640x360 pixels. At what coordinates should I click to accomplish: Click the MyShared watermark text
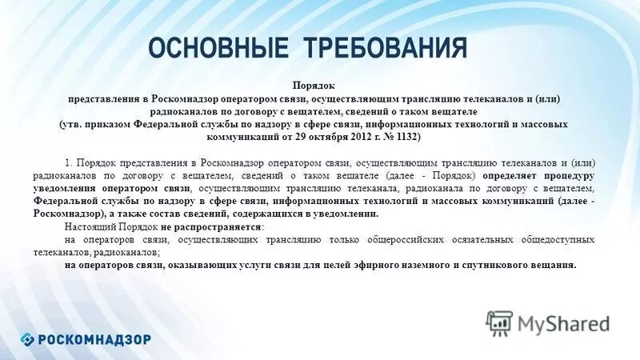pyautogui.click(x=563, y=323)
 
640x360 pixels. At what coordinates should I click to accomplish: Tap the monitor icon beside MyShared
pyautogui.click(x=499, y=322)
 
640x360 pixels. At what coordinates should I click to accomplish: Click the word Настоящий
pyautogui.click(x=90, y=227)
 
